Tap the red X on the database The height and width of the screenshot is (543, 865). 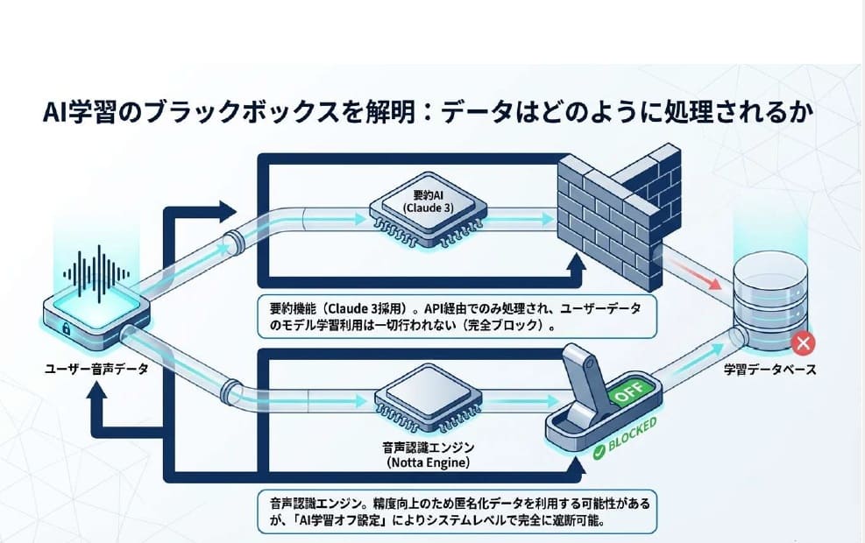point(800,343)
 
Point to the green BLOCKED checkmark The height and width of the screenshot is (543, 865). point(599,452)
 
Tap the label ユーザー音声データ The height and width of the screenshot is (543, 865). point(96,369)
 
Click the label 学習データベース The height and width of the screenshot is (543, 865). point(769,369)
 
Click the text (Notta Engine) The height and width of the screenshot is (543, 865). point(422,462)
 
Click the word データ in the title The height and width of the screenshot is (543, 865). point(486,114)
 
